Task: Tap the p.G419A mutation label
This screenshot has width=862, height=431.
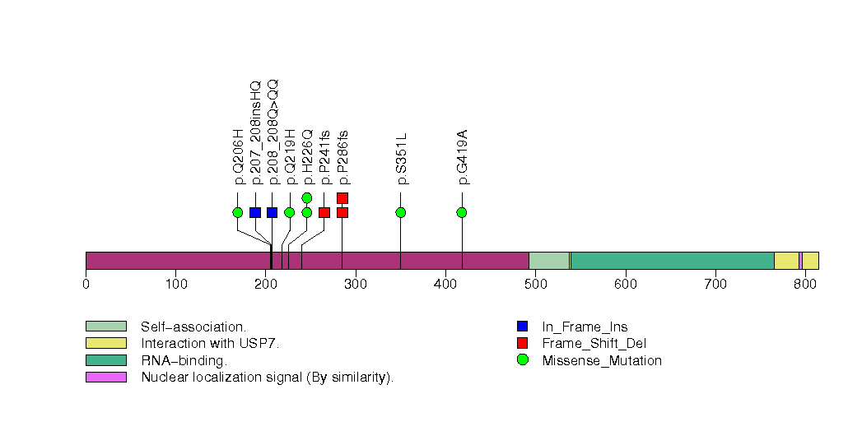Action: (x=462, y=157)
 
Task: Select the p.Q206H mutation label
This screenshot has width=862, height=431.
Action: (x=238, y=157)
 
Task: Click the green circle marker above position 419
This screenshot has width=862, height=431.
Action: (x=462, y=212)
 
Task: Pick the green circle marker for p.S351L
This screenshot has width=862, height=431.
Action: (x=401, y=212)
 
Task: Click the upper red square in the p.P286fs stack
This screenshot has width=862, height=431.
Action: (x=342, y=197)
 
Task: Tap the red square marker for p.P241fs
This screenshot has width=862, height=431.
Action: (x=324, y=212)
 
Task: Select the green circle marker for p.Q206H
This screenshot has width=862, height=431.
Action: (x=238, y=212)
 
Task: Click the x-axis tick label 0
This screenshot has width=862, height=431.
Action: (x=86, y=285)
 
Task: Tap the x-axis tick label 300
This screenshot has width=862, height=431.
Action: (x=356, y=285)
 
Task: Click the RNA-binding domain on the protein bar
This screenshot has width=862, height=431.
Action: (x=672, y=261)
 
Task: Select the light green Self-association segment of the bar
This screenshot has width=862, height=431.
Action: (x=548, y=261)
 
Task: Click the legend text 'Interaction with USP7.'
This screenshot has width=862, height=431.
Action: (x=210, y=343)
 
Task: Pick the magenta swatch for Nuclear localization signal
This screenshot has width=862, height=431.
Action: (x=105, y=377)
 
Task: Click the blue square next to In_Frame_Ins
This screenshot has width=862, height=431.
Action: (x=522, y=327)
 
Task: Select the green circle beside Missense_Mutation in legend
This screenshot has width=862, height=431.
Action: (x=522, y=360)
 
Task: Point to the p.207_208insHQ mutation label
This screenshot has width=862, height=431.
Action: (x=255, y=132)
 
